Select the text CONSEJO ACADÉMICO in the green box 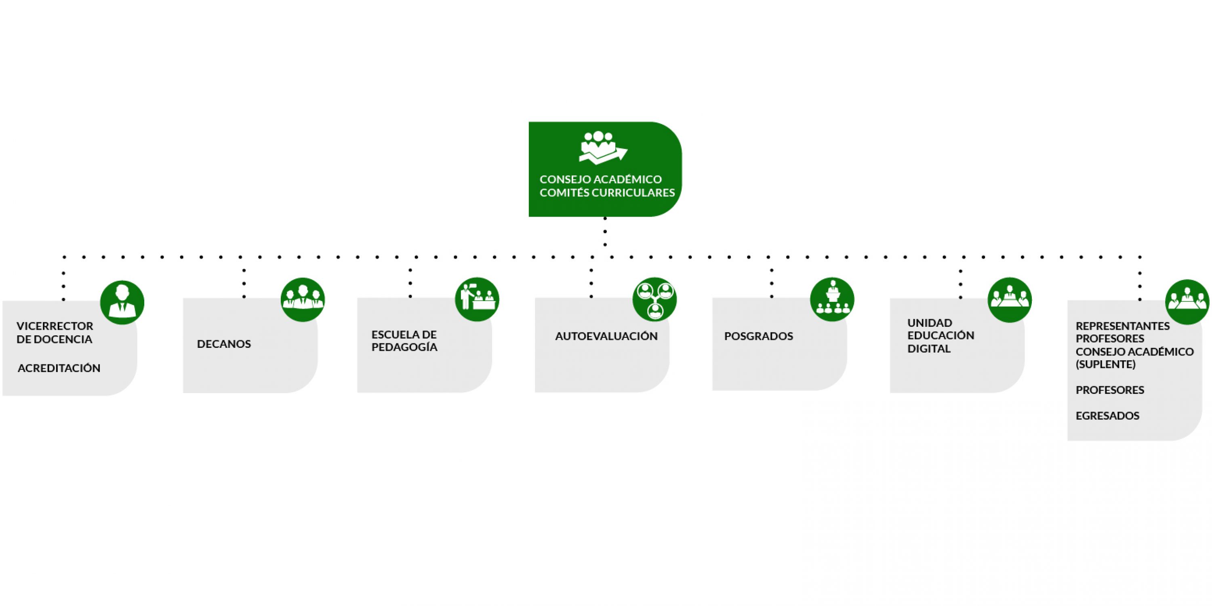600,179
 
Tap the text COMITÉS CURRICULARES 607,193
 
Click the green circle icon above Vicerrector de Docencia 122,303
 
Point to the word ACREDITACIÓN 59,368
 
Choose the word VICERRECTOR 55,326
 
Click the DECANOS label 224,344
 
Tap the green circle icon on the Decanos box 303,300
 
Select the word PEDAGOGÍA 404,347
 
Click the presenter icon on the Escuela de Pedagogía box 477,300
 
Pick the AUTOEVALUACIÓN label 606,337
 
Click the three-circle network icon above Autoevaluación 654,299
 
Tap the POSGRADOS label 758,337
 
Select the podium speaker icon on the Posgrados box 832,300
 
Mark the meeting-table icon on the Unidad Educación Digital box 1009,300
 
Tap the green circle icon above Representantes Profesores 1187,302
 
